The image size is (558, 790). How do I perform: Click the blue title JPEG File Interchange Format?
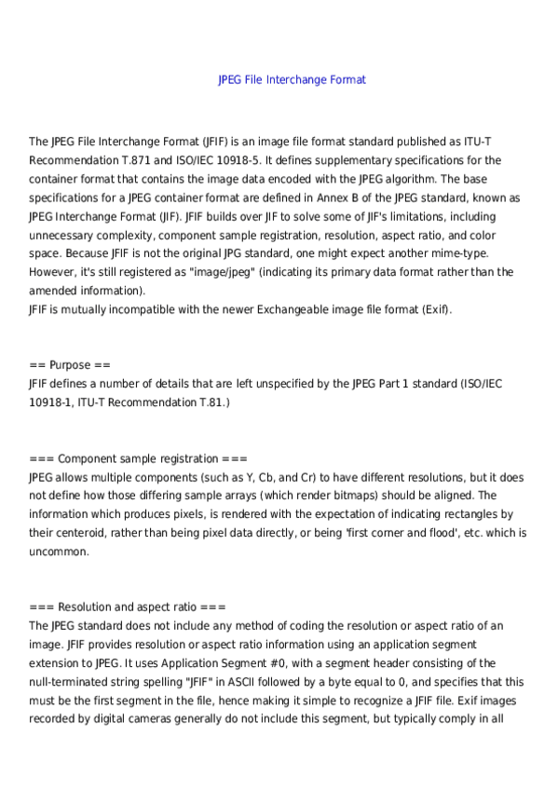click(x=292, y=80)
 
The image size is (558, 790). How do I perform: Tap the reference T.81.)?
click(x=213, y=402)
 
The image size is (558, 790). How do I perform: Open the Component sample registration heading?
click(x=139, y=458)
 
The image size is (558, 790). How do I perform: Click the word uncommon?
click(x=60, y=552)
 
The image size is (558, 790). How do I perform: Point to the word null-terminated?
click(x=76, y=682)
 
